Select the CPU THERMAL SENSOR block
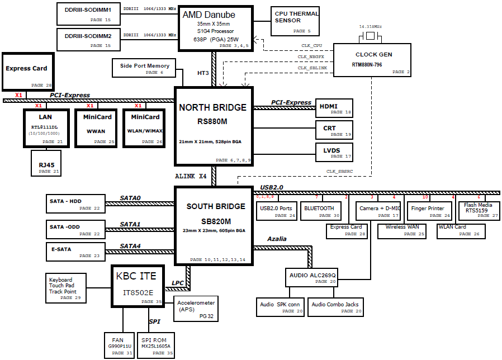click(x=296, y=21)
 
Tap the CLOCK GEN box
click(x=373, y=59)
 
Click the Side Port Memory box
click(x=145, y=68)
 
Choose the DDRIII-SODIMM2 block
click(x=88, y=40)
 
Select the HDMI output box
click(x=334, y=108)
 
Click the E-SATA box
click(x=75, y=251)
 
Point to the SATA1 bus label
click(x=130, y=224)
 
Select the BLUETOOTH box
click(x=320, y=210)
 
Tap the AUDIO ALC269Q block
click(x=312, y=277)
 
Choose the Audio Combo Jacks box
click(x=335, y=307)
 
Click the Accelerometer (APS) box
click(x=196, y=309)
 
